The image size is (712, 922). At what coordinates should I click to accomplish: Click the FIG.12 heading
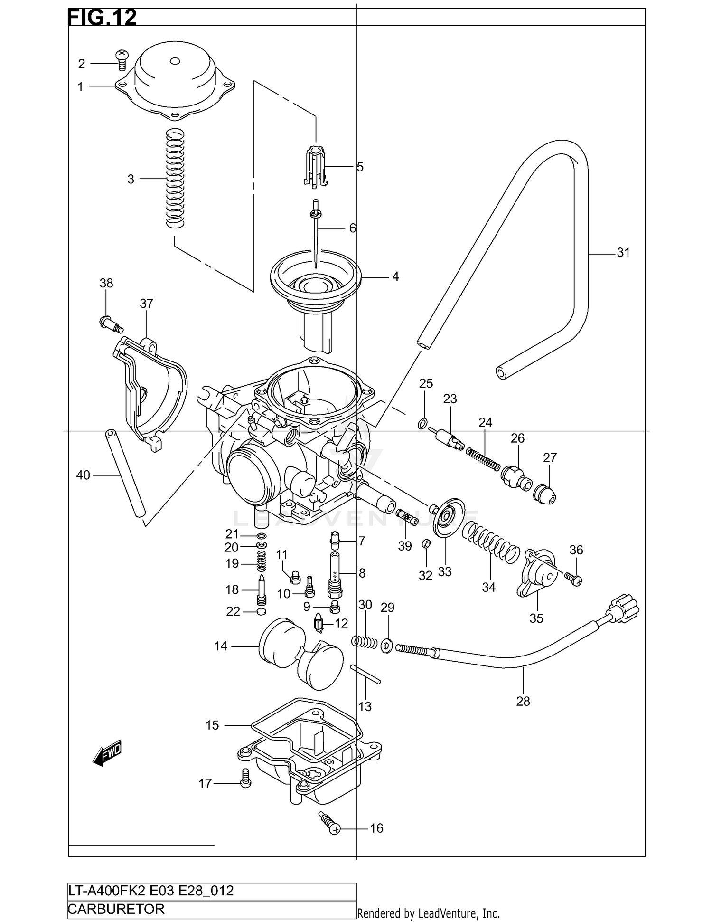[103, 18]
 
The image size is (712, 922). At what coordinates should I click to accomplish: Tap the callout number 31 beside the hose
[623, 253]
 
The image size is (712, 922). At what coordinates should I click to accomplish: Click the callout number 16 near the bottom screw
[376, 828]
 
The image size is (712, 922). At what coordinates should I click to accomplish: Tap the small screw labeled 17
[245, 778]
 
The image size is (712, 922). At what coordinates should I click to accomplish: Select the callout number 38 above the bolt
[106, 283]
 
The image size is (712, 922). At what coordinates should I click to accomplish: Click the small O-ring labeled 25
[422, 423]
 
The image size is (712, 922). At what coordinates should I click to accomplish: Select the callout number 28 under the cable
[523, 701]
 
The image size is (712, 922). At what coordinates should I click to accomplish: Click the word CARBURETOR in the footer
[116, 909]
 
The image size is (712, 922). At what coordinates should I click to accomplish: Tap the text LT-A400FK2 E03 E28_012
[151, 891]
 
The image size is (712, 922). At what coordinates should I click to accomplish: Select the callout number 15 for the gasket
[212, 725]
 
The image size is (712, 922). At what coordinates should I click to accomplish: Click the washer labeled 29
[387, 645]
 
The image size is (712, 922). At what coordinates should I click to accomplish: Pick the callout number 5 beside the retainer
[360, 167]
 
